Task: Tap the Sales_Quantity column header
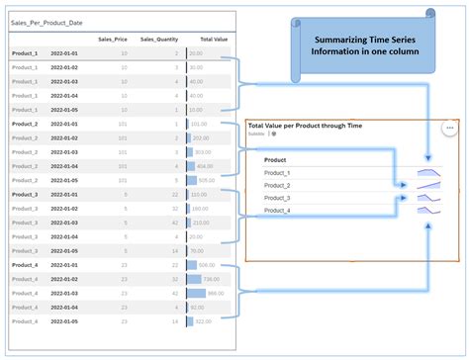159,39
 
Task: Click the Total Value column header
214,39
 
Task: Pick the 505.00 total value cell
206,181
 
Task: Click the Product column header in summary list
276,159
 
